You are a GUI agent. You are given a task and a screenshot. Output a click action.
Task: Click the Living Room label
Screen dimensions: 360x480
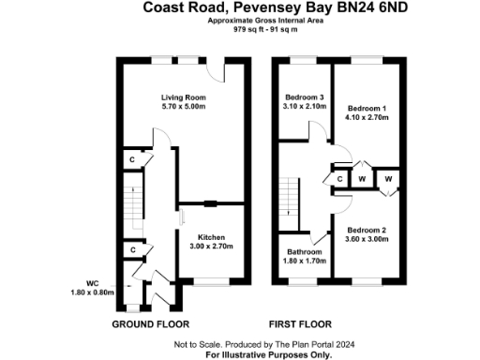183,97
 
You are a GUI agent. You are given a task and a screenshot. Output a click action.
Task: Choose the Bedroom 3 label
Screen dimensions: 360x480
304,97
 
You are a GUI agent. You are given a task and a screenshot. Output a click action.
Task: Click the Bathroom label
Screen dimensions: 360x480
304,251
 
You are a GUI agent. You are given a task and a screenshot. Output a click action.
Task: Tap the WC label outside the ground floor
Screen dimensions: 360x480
91,283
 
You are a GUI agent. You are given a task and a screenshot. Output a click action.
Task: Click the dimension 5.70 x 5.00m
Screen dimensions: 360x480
183,106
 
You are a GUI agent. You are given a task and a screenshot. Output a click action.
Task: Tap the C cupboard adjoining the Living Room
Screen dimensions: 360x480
133,160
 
